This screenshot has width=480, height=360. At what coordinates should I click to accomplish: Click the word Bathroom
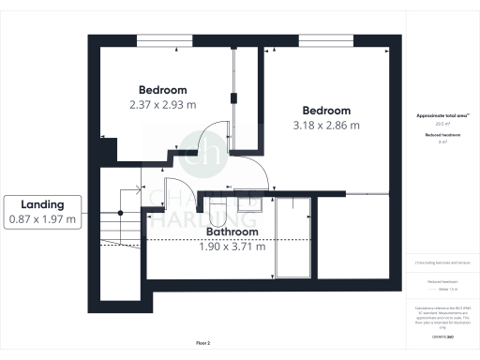232,232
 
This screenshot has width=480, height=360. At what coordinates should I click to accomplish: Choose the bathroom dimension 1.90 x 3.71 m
232,247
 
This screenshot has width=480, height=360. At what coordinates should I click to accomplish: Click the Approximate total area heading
440,115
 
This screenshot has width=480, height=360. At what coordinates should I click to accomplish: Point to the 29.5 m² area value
440,124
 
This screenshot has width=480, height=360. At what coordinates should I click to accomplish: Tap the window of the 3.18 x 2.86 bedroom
326,38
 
